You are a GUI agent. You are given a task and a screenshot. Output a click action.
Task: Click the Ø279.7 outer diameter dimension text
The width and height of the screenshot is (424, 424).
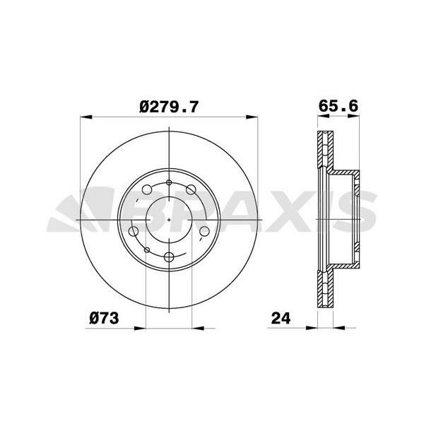pos(170,107)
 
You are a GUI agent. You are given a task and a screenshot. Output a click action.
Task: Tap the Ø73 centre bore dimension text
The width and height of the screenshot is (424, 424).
pos(103,319)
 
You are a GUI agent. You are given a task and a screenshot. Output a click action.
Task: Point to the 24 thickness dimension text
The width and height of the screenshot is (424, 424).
pos(281,319)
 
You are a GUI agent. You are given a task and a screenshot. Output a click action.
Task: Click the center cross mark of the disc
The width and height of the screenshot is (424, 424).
pos(170,219)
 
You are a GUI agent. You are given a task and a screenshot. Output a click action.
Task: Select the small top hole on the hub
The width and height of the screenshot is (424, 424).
pos(170,182)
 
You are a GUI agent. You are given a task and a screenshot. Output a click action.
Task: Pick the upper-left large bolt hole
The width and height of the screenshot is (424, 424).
pos(146,189)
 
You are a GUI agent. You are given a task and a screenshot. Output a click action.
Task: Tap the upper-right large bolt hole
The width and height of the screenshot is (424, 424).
pos(192,189)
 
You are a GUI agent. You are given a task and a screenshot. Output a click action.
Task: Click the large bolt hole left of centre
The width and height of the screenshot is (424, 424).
pos(134,231)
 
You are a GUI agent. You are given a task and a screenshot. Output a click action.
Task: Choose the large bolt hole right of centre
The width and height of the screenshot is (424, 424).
pos(205,231)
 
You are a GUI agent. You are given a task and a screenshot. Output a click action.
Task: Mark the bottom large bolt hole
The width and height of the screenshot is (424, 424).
pos(170,257)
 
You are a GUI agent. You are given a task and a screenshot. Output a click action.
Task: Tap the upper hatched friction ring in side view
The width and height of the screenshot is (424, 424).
pos(326,151)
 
